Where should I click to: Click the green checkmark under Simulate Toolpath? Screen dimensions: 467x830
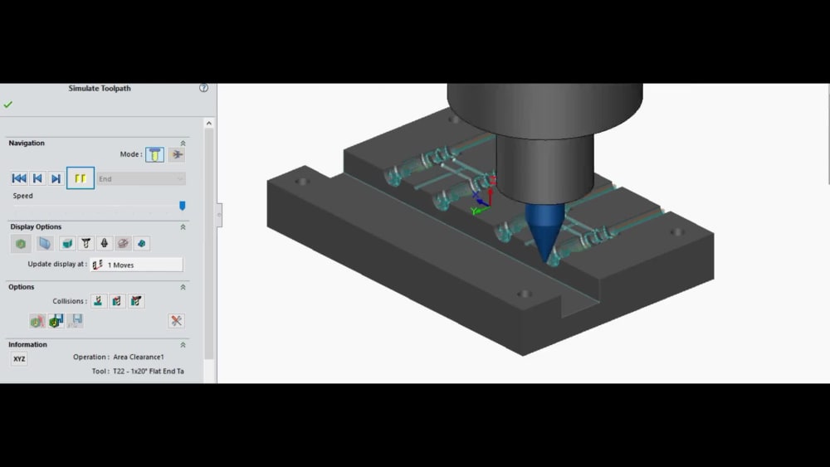[8, 105]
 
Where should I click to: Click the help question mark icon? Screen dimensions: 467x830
[204, 88]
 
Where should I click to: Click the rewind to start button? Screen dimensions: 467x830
[19, 178]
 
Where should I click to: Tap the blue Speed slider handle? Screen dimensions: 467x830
[183, 206]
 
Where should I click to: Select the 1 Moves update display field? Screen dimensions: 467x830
[137, 265]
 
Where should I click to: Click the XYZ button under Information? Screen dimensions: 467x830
[19, 359]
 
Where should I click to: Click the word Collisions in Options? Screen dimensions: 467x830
[70, 301]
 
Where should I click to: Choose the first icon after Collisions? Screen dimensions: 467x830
[100, 301]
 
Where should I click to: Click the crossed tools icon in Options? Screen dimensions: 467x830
[176, 321]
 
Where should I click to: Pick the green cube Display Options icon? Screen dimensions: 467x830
[22, 244]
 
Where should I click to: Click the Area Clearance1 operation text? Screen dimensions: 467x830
[139, 358]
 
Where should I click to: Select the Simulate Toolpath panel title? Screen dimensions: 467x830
[100, 89]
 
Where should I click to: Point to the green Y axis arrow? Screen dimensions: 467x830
[475, 212]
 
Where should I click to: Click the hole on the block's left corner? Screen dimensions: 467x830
[301, 181]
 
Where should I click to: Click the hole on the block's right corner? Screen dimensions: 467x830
[677, 232]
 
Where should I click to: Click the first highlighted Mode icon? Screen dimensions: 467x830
[154, 155]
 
